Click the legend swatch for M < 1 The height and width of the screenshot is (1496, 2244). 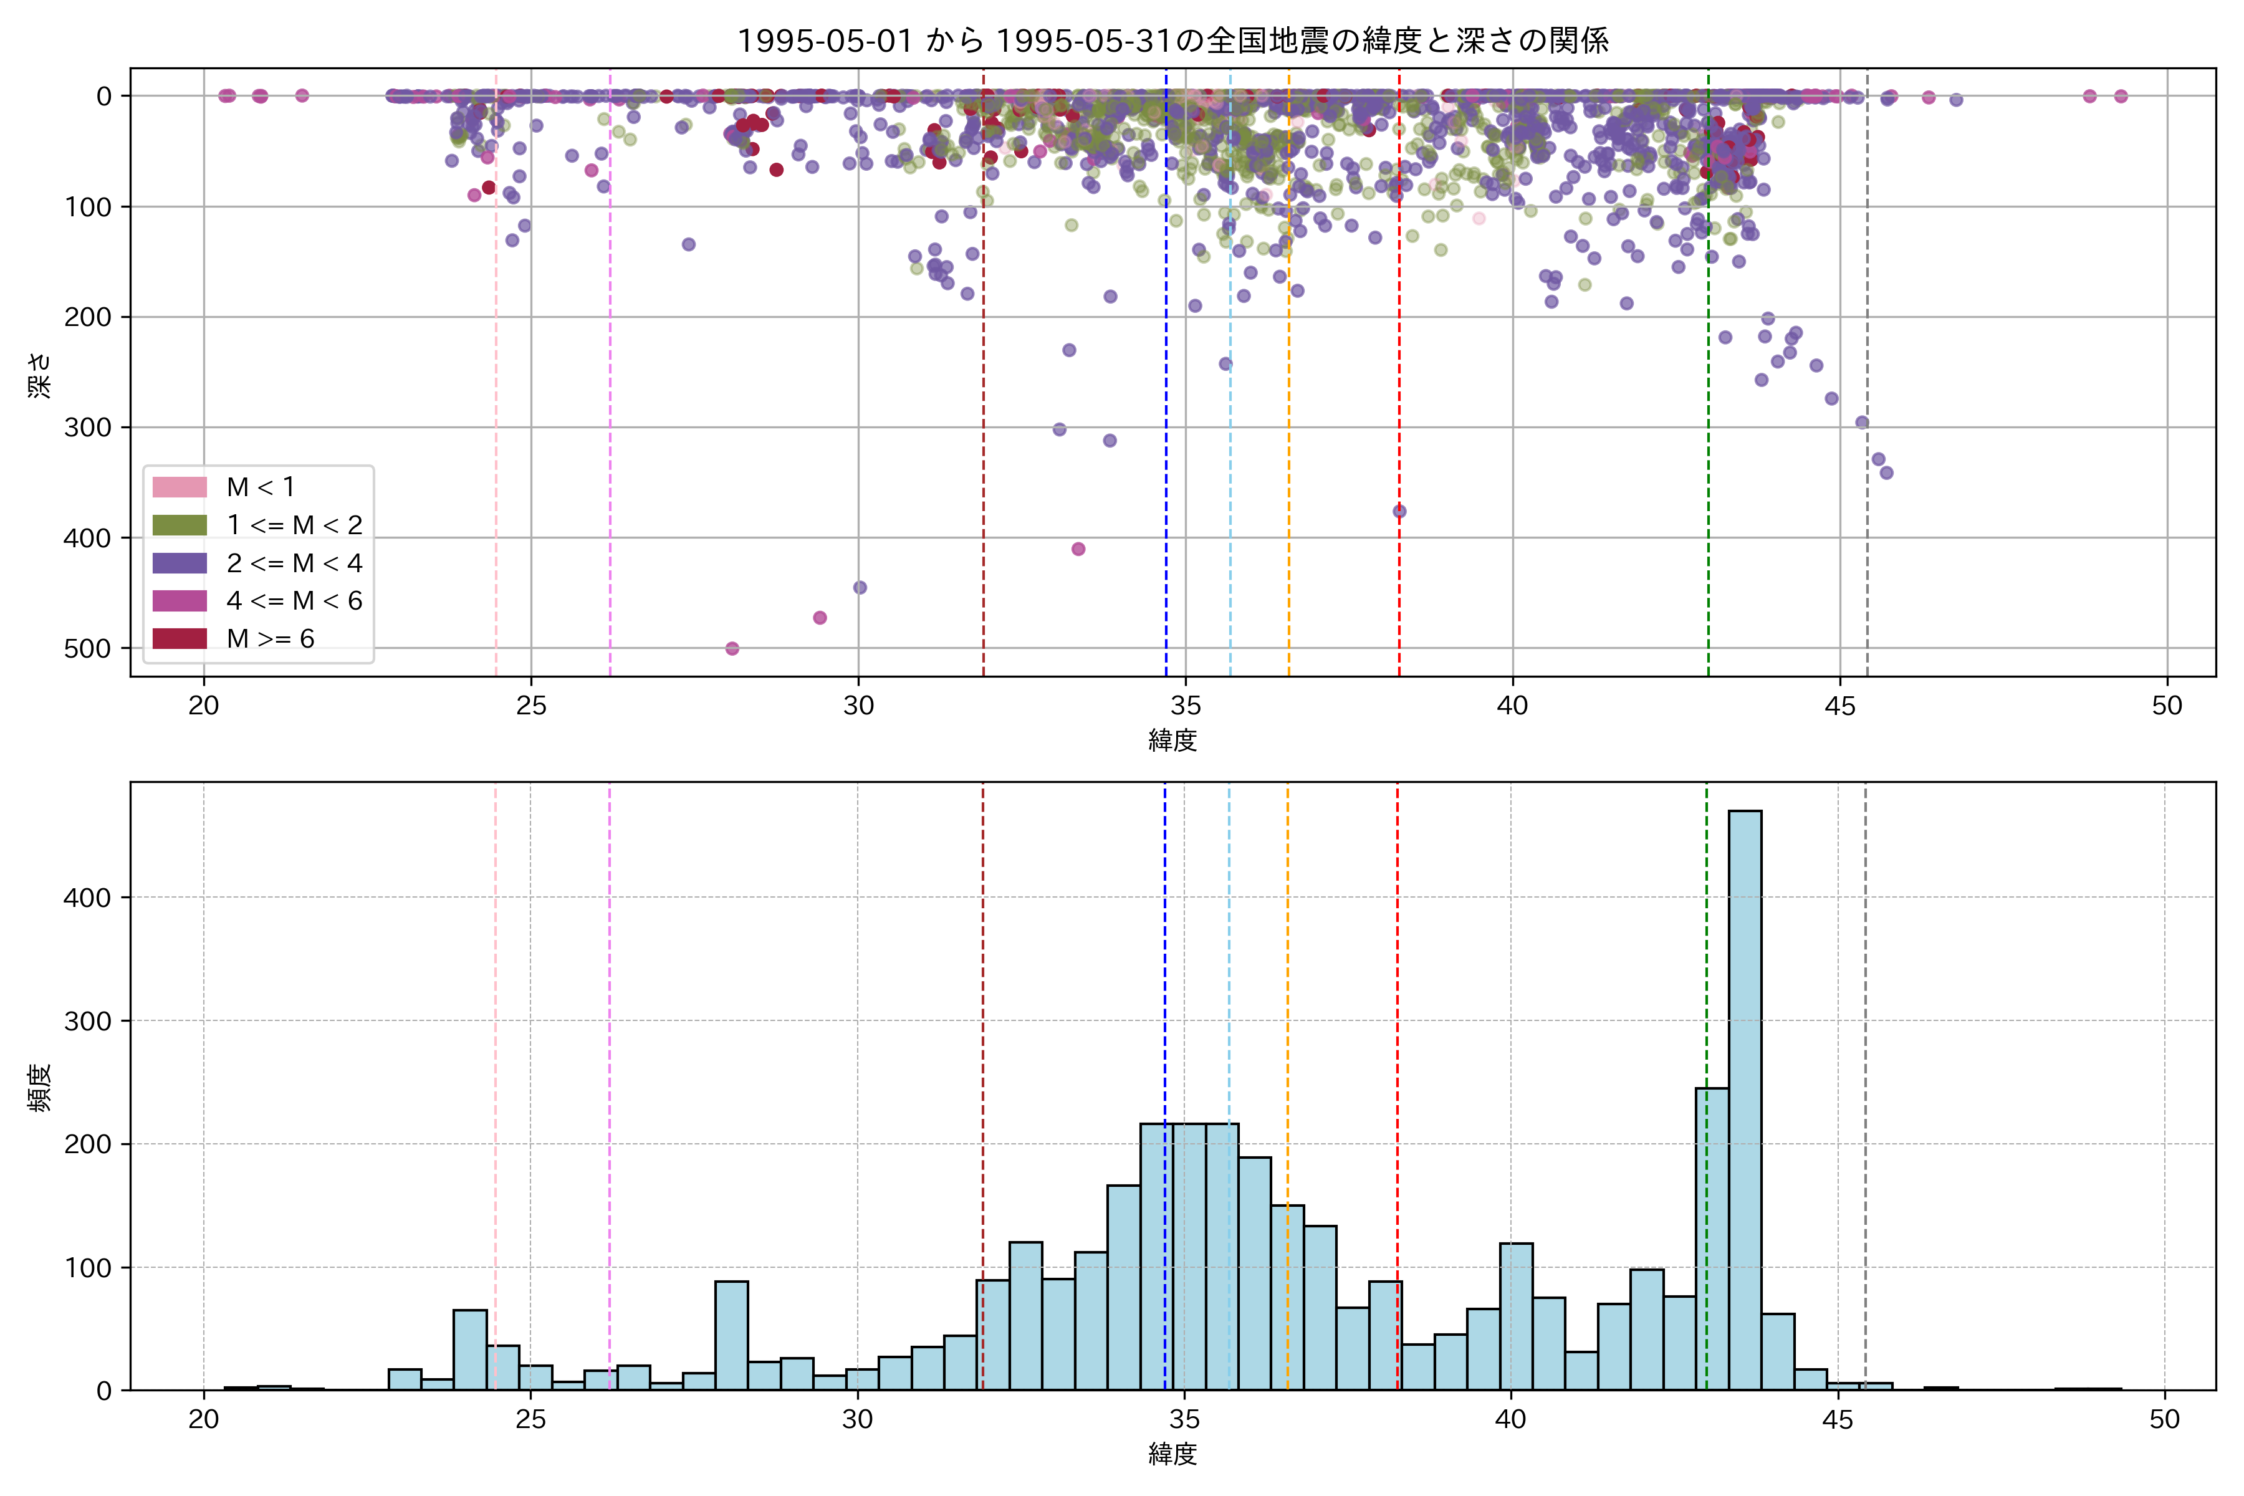(180, 487)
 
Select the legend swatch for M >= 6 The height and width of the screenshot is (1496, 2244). (180, 638)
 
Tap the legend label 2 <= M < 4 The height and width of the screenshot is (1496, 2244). (294, 563)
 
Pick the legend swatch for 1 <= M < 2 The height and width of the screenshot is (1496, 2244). (180, 525)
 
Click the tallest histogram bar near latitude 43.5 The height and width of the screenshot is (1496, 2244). (1744, 1097)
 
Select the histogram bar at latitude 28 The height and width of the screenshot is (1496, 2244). (732, 1336)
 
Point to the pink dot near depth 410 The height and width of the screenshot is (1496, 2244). (1078, 549)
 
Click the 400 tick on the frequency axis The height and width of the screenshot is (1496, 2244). (88, 898)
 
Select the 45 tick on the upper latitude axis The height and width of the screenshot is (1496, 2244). (1839, 706)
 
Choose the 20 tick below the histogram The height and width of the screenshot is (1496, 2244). (203, 1420)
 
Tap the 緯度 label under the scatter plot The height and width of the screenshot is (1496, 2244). (1172, 739)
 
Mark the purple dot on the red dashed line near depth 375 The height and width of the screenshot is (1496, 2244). (1399, 511)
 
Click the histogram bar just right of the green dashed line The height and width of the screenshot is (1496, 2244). (1712, 1240)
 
